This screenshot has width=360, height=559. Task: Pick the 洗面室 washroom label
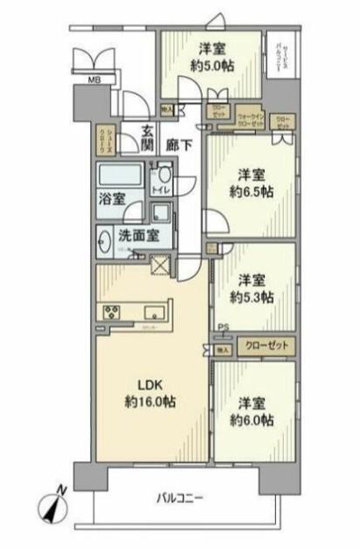pos(138,235)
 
